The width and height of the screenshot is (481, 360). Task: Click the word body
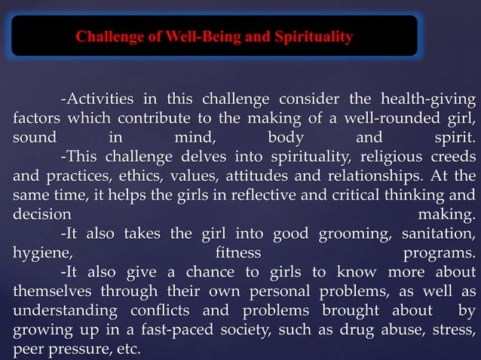(286, 138)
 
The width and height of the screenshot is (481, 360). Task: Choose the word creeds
(453, 157)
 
